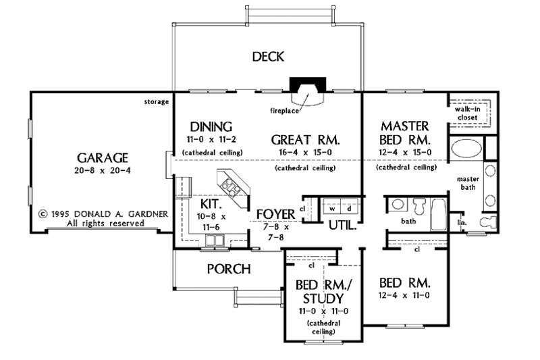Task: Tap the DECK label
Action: coord(268,56)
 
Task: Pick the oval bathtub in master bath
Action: coord(464,148)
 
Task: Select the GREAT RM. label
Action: coord(305,140)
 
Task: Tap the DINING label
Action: coord(211,126)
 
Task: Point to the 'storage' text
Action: coord(155,103)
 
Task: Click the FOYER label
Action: coord(276,215)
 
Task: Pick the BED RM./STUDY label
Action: coord(320,290)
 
